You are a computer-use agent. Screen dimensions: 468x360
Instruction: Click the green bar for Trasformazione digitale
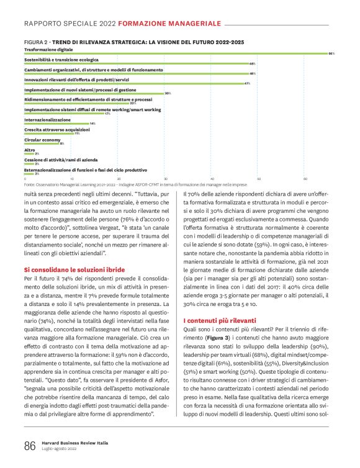pos(177,54)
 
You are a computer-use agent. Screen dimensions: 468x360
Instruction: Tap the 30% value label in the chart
pos(167,94)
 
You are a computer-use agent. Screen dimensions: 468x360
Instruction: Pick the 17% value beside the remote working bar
pos(107,114)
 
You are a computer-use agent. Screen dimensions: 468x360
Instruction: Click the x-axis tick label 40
pos(212,179)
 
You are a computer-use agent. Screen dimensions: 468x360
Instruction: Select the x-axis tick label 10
pos(71,179)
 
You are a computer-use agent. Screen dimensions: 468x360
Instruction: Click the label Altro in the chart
pos(29,150)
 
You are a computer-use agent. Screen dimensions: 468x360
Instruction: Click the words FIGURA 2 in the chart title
pos(36,42)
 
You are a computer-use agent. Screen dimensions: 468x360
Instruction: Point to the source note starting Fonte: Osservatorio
pos(135,185)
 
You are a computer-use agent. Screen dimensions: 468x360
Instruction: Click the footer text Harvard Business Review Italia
pos(70,443)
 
